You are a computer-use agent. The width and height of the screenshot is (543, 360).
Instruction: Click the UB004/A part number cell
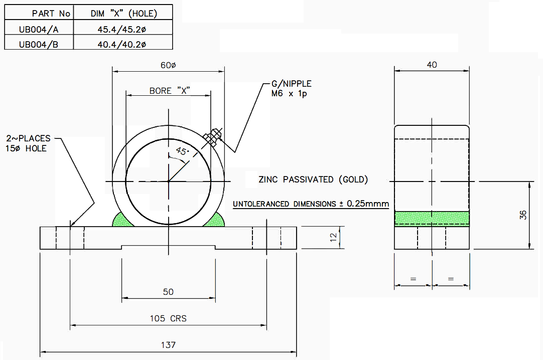tap(39, 29)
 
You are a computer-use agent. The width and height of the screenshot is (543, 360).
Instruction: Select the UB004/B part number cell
tap(39, 44)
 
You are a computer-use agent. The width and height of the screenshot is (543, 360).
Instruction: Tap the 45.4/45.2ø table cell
tap(122, 29)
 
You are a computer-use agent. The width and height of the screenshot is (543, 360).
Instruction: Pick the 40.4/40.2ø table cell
tap(122, 44)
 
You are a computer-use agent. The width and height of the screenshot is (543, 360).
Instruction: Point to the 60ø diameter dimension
tap(168, 66)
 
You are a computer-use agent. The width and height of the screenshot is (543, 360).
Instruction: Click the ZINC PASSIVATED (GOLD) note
tap(313, 179)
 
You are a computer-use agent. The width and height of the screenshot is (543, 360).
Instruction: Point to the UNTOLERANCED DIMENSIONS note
tap(311, 204)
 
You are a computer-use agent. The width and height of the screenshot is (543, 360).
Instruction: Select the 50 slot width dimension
tap(168, 292)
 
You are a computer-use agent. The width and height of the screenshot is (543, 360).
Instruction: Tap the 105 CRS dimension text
tap(168, 318)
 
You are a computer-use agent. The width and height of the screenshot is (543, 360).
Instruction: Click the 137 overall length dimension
tap(169, 345)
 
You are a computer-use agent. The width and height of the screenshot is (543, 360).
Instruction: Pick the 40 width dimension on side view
tap(432, 65)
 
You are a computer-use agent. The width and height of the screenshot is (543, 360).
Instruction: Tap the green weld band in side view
tap(432, 218)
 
